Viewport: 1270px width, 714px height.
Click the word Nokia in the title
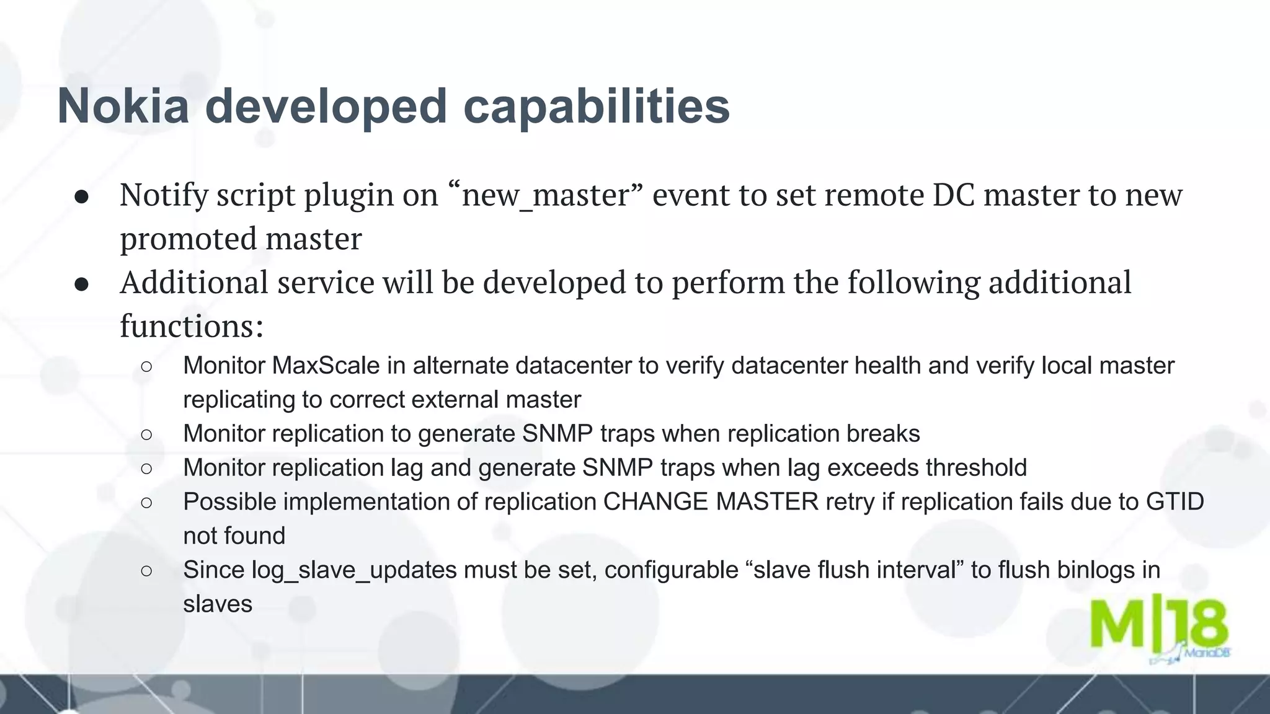tap(123, 106)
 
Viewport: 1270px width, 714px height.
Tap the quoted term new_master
tap(546, 196)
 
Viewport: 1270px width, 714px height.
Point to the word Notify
tap(164, 196)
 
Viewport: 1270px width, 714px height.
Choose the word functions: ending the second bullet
tap(192, 326)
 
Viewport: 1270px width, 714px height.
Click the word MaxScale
tap(326, 366)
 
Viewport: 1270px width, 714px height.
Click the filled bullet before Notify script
tap(82, 198)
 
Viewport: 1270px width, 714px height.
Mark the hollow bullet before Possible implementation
tap(146, 502)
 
